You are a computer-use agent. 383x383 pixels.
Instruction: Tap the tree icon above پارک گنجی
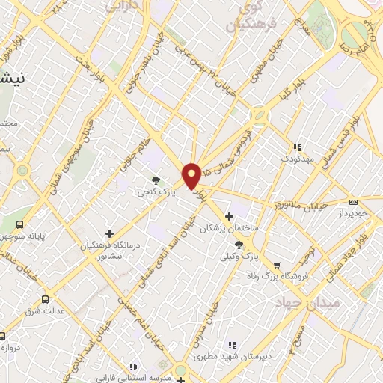coord(156,180)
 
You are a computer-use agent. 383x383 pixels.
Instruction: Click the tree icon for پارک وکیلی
coord(239,244)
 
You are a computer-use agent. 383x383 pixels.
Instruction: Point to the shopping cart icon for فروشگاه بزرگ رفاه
coord(277,265)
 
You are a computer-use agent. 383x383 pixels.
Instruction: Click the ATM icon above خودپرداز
coord(353,201)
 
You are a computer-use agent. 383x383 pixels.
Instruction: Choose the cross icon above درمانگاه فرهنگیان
coord(110,233)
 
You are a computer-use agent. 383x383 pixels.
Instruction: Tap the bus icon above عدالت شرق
coord(46,299)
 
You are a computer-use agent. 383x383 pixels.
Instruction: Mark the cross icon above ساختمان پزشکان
coord(229,216)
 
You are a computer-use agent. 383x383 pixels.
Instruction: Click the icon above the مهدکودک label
coord(297,148)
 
